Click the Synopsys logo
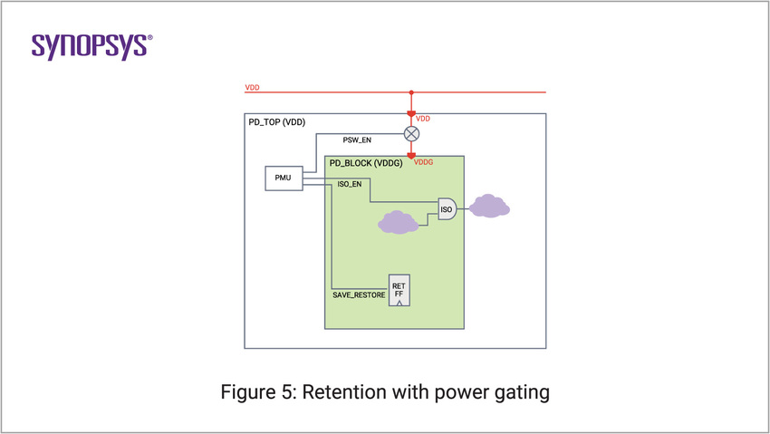pyautogui.click(x=91, y=46)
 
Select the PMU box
pyautogui.click(x=283, y=178)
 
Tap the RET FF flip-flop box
pyautogui.click(x=399, y=289)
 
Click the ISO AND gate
pyautogui.click(x=447, y=209)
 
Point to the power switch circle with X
pyautogui.click(x=411, y=133)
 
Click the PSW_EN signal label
pyautogui.click(x=356, y=140)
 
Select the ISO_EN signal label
pyautogui.click(x=350, y=184)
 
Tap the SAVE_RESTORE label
pyautogui.click(x=360, y=296)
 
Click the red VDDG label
pyautogui.click(x=424, y=162)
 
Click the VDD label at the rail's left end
pyautogui.click(x=252, y=88)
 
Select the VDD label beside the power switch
pyautogui.click(x=423, y=119)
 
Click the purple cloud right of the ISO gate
pyautogui.click(x=489, y=207)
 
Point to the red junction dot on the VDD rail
pyautogui.click(x=411, y=92)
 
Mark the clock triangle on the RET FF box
pyautogui.click(x=399, y=303)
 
